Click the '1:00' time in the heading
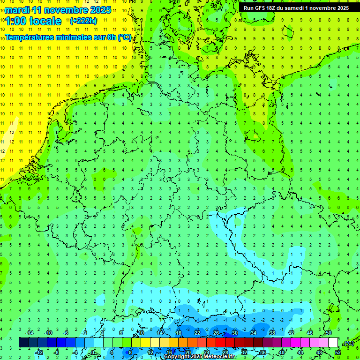click(16, 21)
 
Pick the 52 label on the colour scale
click(338, 352)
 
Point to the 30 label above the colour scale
click(234, 333)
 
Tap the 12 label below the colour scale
click(150, 352)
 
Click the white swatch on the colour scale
click(333, 343)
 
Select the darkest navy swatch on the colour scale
click(23, 343)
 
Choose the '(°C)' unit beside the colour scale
click(348, 343)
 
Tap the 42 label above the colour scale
click(291, 333)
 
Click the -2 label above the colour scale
click(85, 333)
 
